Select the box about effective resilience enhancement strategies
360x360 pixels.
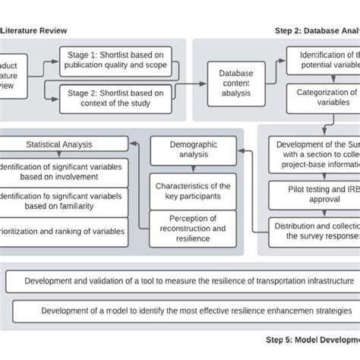coord(182,311)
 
